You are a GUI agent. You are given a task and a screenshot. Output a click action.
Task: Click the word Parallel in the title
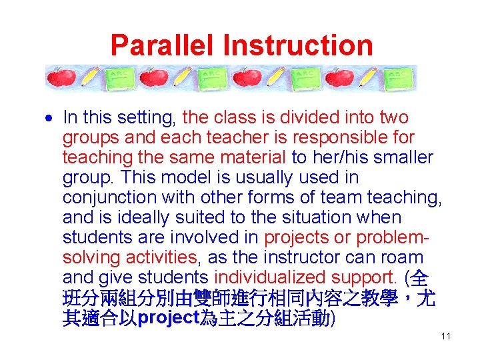[x=163, y=45]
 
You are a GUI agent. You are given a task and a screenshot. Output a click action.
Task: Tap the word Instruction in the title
[x=298, y=45]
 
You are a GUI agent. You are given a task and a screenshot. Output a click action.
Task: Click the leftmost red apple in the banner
[x=61, y=78]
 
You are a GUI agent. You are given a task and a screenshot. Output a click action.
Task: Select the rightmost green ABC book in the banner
[x=399, y=78]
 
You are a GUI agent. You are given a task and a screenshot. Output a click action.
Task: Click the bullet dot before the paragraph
[x=51, y=119]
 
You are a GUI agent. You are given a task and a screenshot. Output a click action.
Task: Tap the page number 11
[x=446, y=336]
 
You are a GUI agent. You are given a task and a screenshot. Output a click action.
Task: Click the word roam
[x=403, y=258]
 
